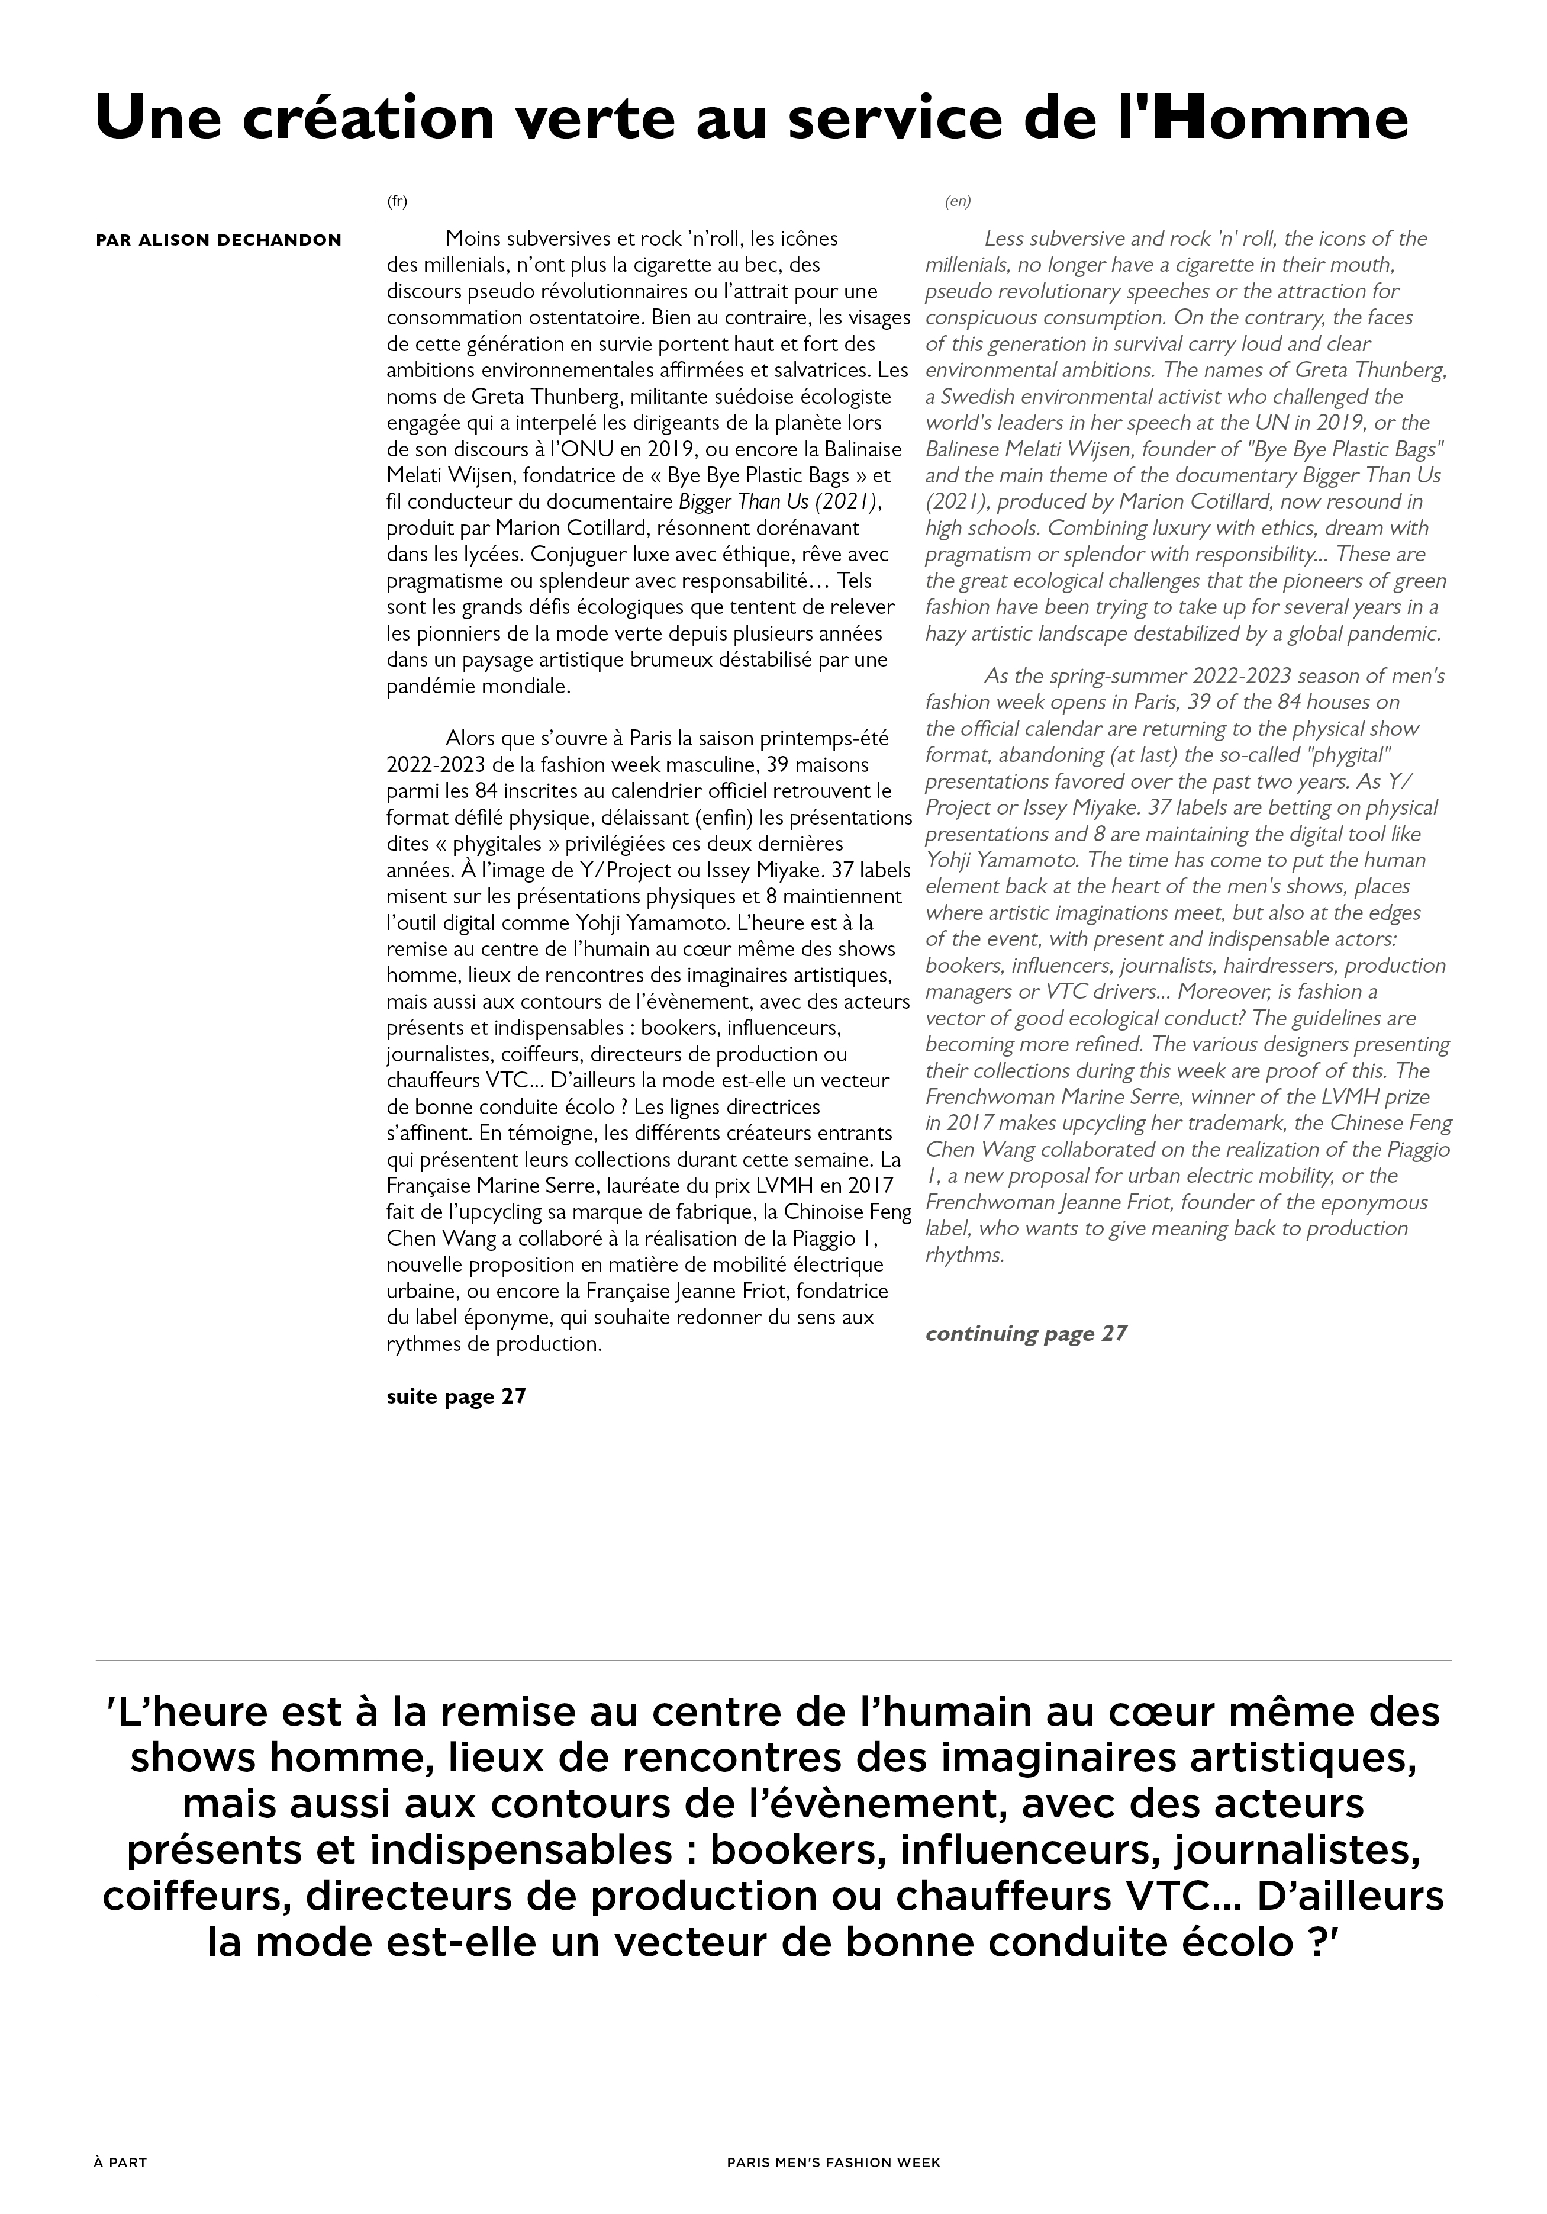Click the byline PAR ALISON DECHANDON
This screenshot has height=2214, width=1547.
click(219, 240)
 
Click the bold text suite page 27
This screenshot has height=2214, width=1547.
click(456, 1396)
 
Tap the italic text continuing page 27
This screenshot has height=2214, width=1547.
click(1026, 1334)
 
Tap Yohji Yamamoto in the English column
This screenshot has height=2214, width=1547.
click(988, 860)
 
